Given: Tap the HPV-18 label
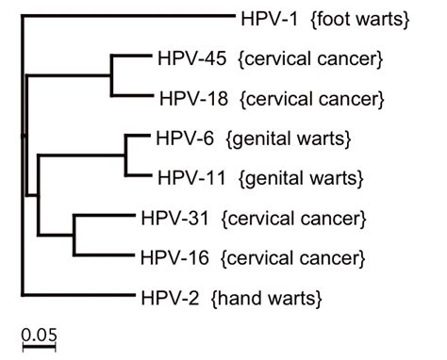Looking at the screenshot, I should pyautogui.click(x=185, y=97).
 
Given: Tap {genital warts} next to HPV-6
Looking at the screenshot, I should pyautogui.click(x=290, y=139).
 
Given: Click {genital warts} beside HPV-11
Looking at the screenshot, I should pyautogui.click(x=300, y=176).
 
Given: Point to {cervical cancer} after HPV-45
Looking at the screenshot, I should pyautogui.click(x=303, y=58).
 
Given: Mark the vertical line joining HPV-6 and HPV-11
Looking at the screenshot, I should pyautogui.click(x=126, y=156).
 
